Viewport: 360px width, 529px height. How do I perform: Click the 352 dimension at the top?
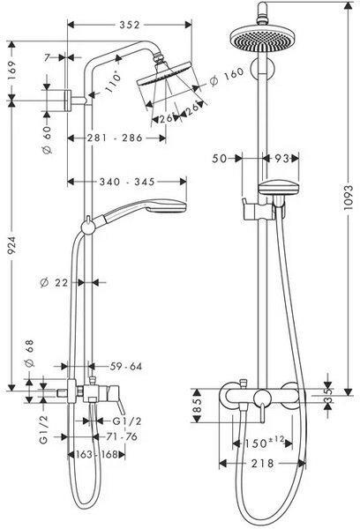pyautogui.click(x=130, y=25)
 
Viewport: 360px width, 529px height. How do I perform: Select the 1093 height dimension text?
pyautogui.click(x=349, y=197)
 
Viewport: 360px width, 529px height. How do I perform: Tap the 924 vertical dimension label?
pyautogui.click(x=11, y=245)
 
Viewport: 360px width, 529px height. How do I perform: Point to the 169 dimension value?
pyautogui.click(x=11, y=71)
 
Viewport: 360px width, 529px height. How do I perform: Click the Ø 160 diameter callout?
pyautogui.click(x=227, y=77)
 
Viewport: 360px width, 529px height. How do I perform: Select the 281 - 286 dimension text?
pyautogui.click(x=116, y=138)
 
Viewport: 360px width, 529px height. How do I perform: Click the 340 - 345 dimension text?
pyautogui.click(x=127, y=182)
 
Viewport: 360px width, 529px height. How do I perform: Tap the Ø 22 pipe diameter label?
pyautogui.click(x=54, y=282)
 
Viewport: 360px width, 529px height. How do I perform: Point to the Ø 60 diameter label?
pyautogui.click(x=47, y=139)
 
